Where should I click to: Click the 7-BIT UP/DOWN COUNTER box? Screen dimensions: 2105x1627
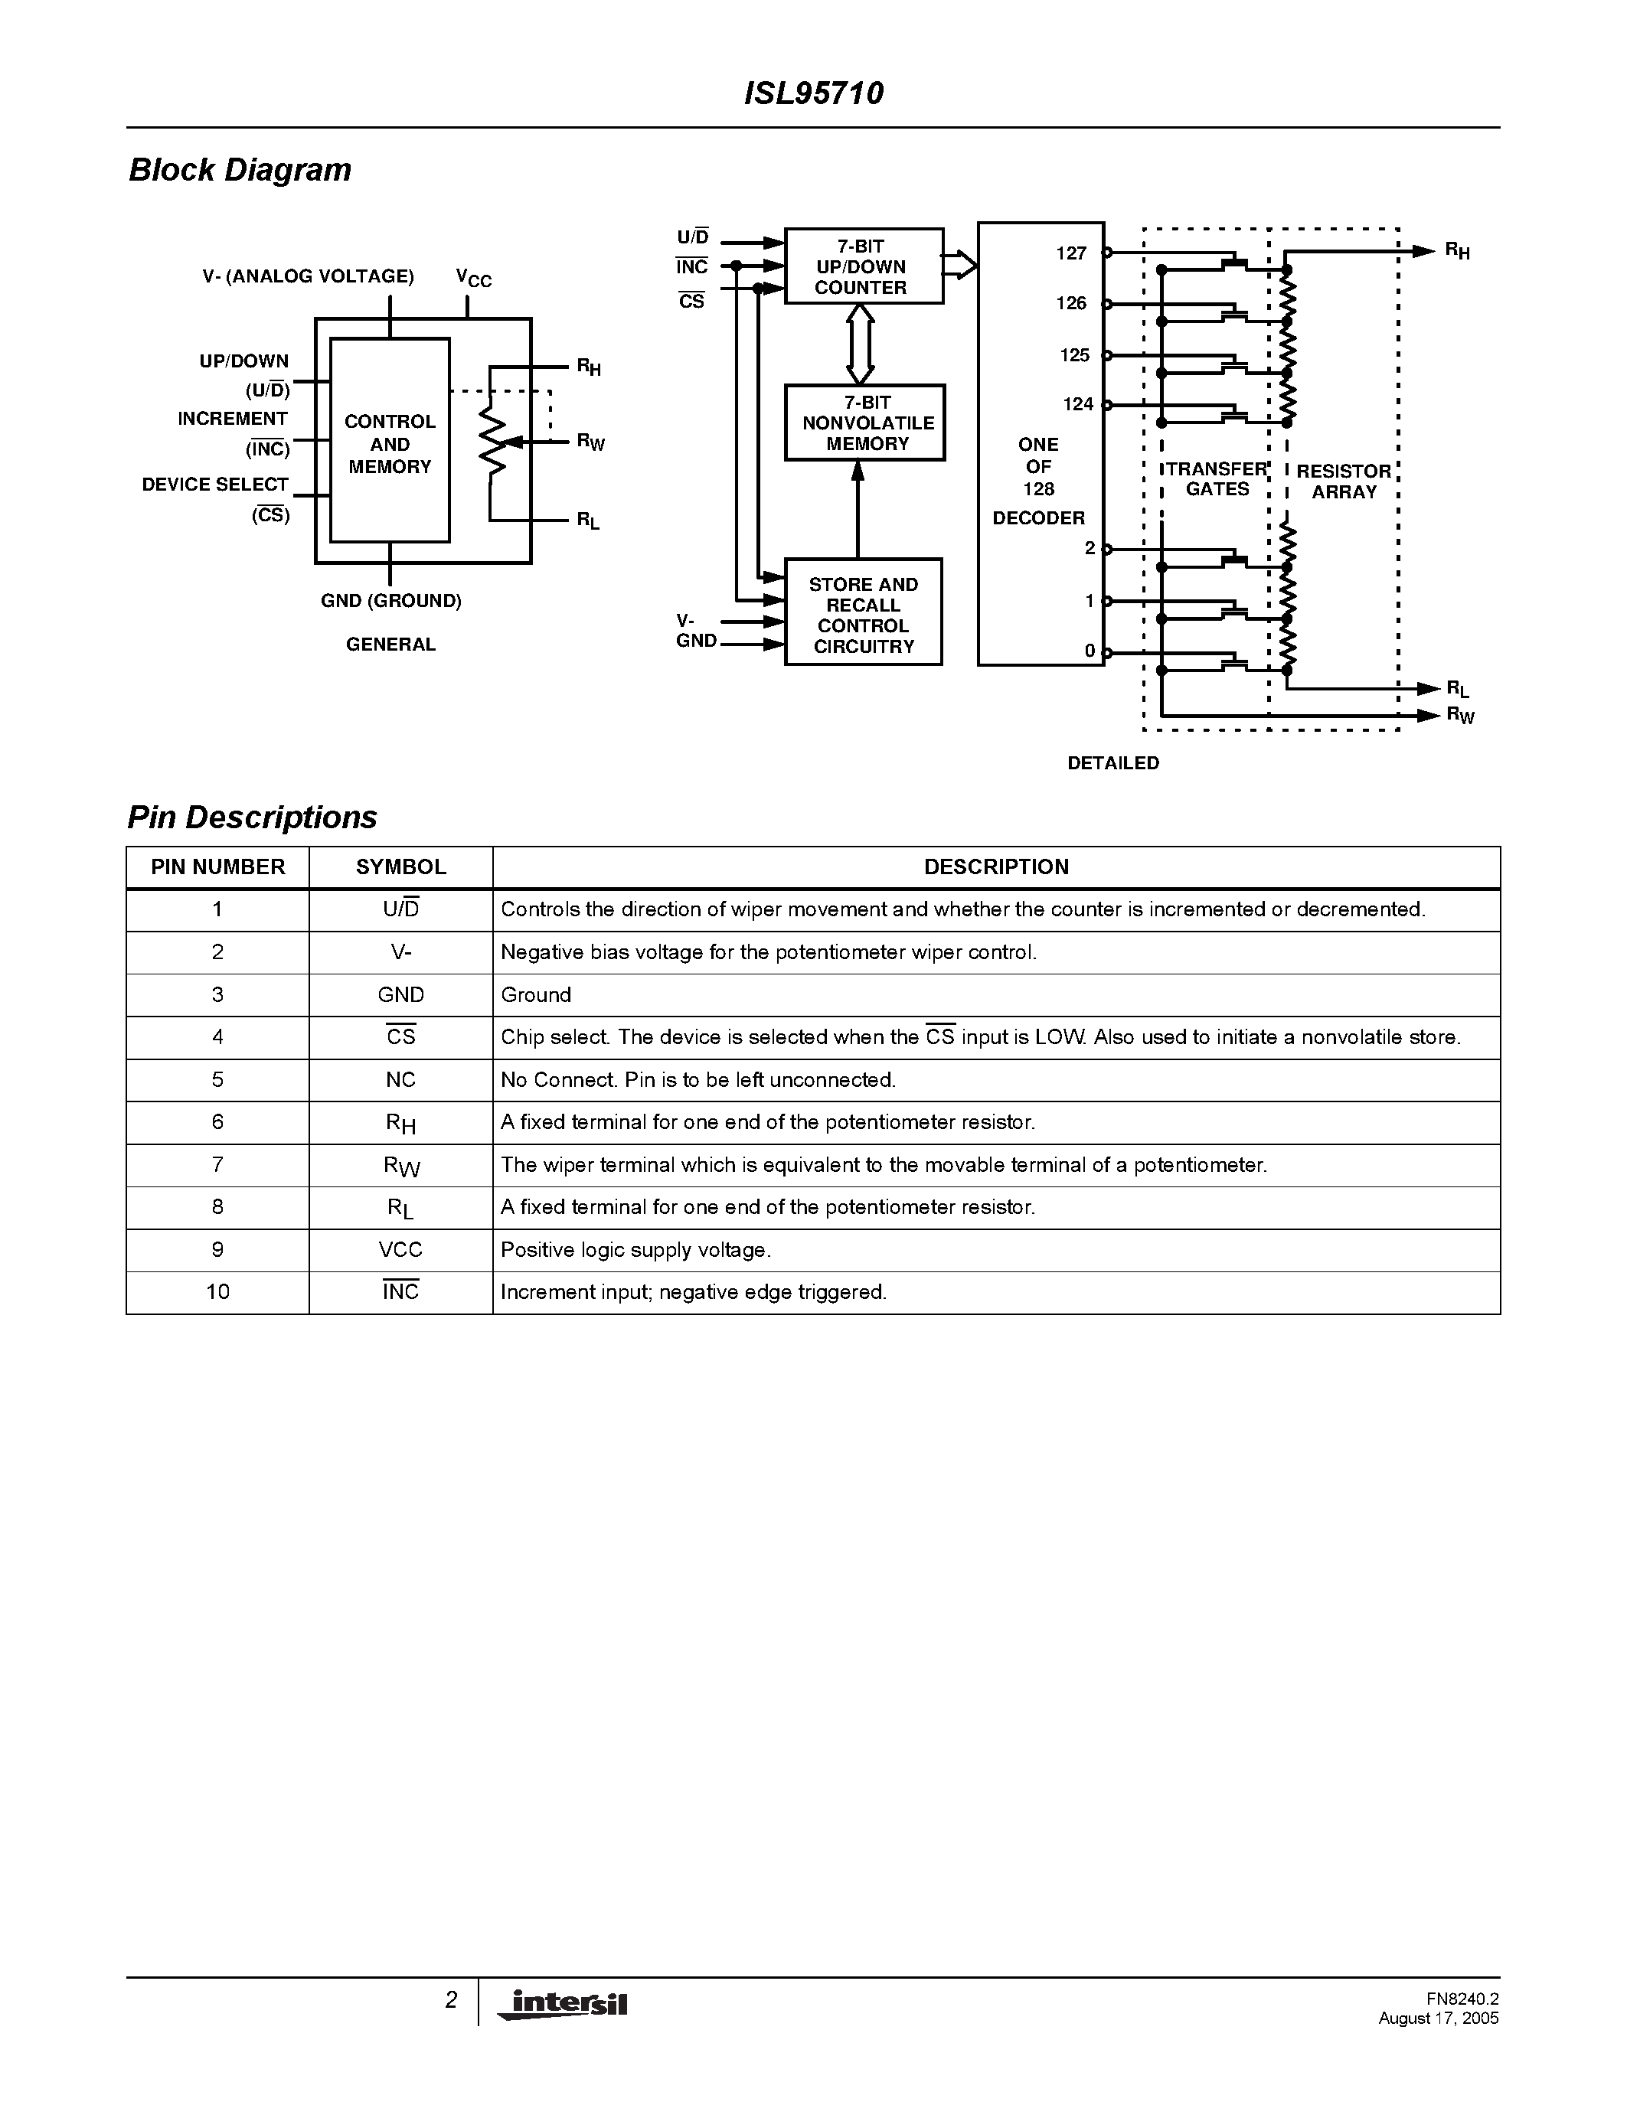click(863, 267)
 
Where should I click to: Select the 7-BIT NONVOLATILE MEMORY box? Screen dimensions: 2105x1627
click(864, 423)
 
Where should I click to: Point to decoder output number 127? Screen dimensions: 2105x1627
click(1071, 253)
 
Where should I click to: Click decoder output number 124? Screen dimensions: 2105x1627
click(1077, 405)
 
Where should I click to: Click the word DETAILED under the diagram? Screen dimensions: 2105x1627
click(1113, 763)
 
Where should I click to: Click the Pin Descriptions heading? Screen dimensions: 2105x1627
click(252, 818)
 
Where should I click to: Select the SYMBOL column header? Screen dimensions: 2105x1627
click(401, 867)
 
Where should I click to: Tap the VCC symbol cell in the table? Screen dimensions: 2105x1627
click(401, 1250)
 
